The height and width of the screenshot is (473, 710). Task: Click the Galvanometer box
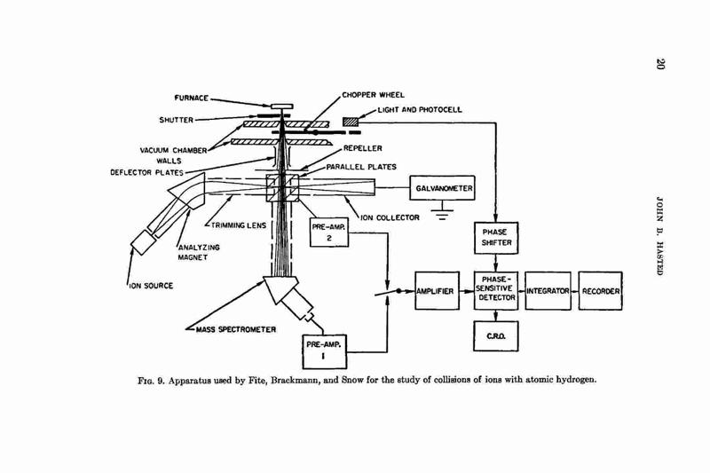(442, 188)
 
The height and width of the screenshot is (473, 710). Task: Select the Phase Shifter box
(496, 238)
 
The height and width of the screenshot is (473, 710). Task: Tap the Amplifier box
(437, 290)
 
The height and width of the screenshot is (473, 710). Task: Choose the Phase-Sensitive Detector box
(496, 290)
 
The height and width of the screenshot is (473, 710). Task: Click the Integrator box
(548, 290)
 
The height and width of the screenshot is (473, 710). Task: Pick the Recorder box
(601, 290)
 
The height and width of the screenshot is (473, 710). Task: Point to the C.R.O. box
(496, 336)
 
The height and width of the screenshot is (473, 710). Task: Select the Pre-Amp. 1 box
(324, 351)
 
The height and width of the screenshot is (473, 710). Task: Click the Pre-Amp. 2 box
(329, 233)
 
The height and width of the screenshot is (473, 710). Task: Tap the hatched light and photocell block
(350, 122)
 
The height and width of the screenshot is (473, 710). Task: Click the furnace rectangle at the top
(281, 106)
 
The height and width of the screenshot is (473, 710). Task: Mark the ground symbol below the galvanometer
(442, 213)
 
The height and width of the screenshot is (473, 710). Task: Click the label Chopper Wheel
(373, 95)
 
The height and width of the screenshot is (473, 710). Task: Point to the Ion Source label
(151, 286)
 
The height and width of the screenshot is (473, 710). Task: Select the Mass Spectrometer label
(236, 329)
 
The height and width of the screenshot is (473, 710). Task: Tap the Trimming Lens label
(239, 225)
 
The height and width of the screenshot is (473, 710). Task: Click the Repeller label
(362, 148)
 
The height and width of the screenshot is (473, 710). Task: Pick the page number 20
(659, 64)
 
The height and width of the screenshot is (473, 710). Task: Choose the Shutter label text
(176, 120)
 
